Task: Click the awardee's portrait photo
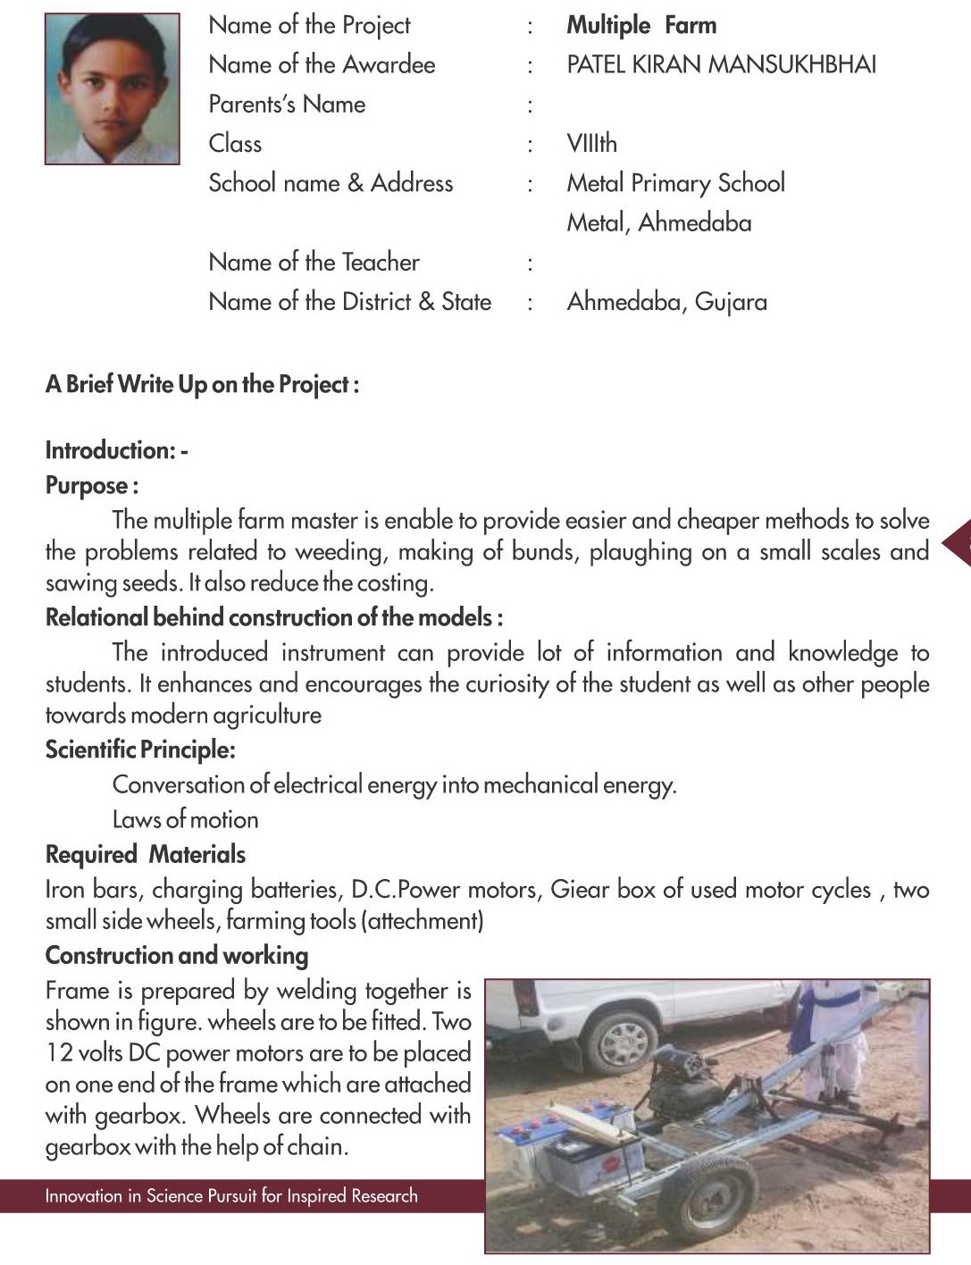coord(112,88)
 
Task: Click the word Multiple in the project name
coord(608,25)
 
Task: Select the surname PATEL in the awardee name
coord(594,64)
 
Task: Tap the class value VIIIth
coord(591,143)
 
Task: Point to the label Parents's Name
coord(287,104)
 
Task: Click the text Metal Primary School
coord(675,183)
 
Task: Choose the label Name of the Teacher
coord(314,262)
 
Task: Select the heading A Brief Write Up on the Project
coord(202,385)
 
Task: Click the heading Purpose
coord(91,486)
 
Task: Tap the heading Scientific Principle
coord(140,750)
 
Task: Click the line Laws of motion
coord(185,819)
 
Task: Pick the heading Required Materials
coord(146,855)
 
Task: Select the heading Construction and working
coord(177,956)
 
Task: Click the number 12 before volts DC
coord(59,1053)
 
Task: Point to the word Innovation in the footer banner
coord(80,1196)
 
